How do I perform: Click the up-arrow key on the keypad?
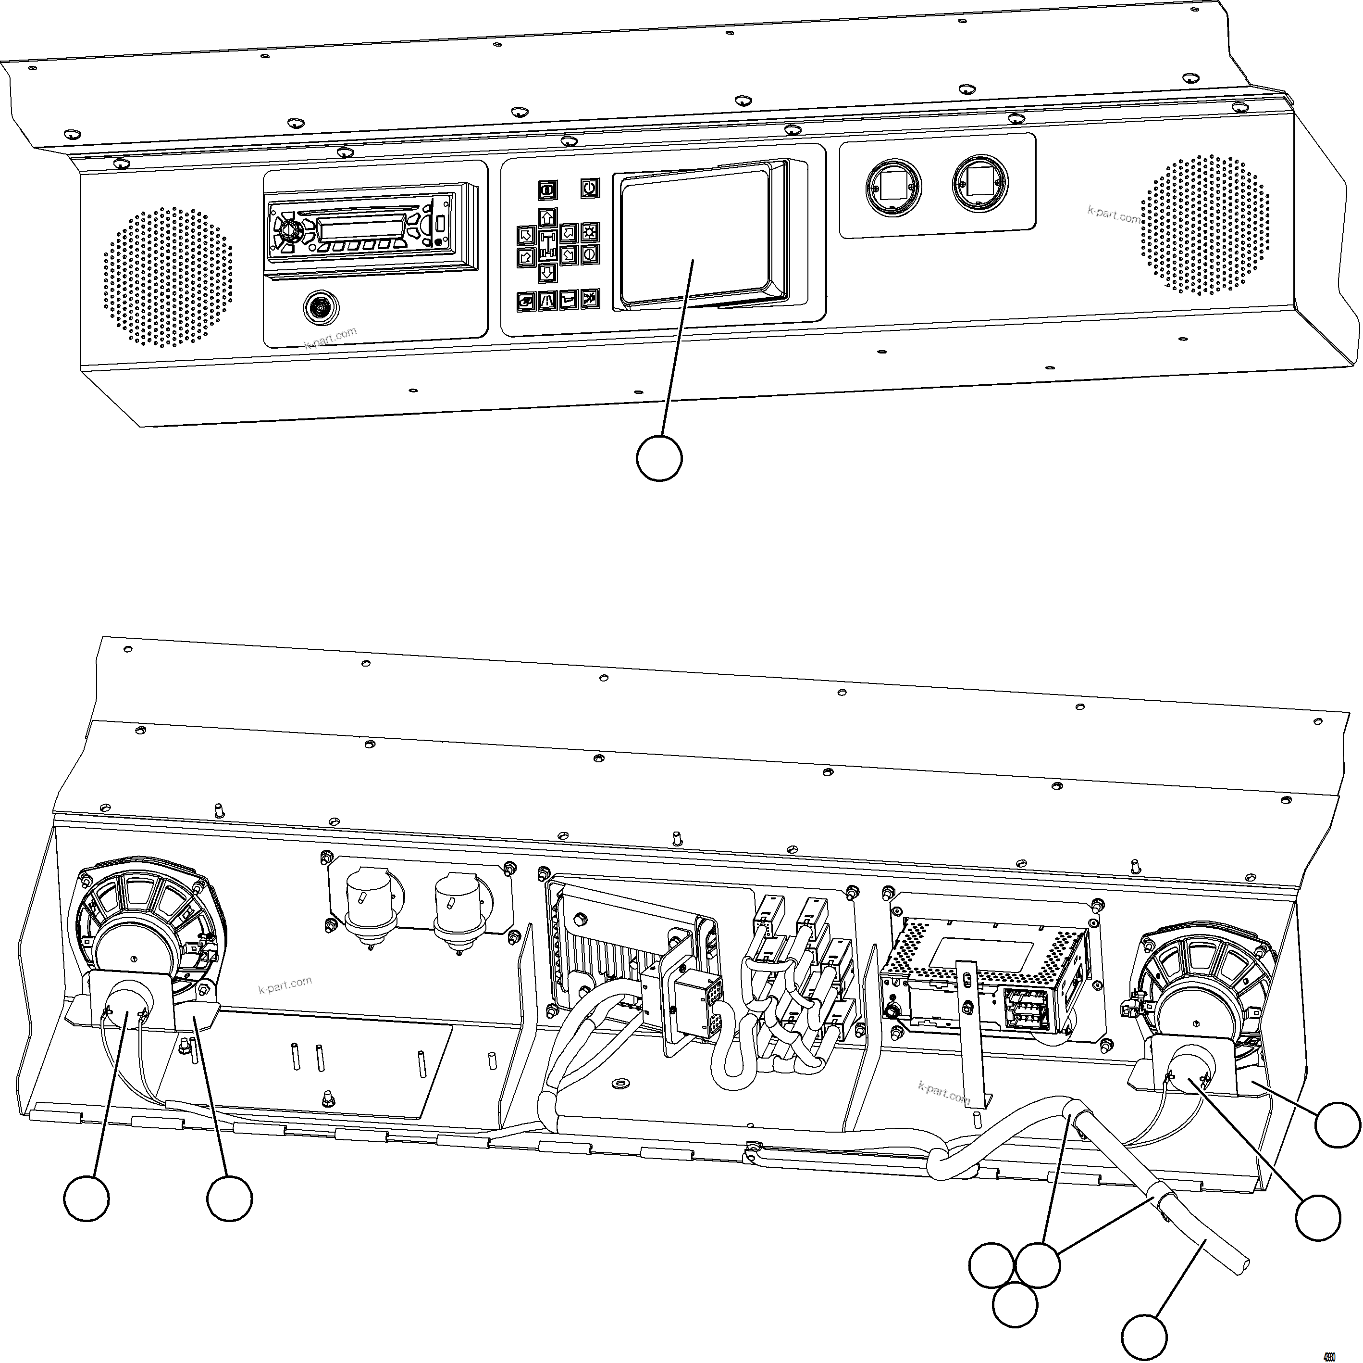tap(547, 217)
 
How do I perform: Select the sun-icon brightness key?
tap(590, 232)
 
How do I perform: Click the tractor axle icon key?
tap(547, 244)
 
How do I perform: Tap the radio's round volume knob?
tap(288, 230)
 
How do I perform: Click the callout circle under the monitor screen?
tap(659, 458)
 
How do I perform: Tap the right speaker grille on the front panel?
tap(1205, 225)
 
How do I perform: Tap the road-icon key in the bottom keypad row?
tap(547, 301)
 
